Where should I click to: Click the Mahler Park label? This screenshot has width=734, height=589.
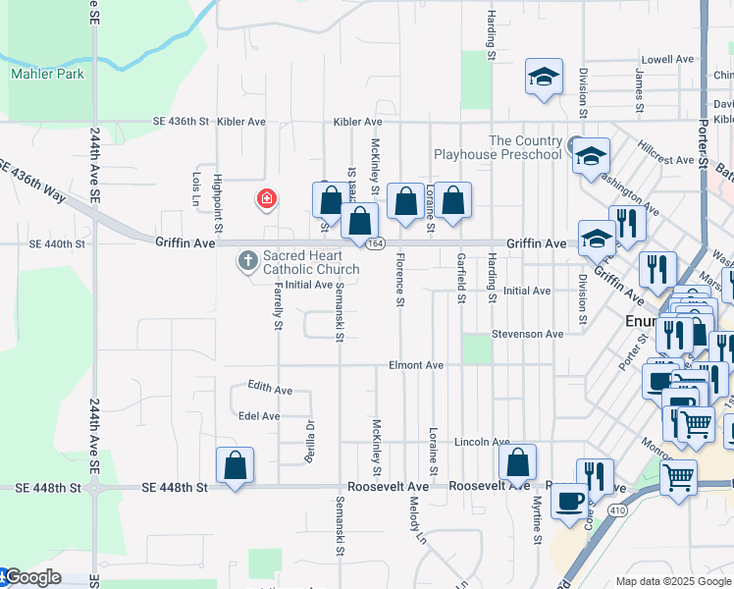click(47, 74)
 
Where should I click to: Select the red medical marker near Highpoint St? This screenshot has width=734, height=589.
click(266, 199)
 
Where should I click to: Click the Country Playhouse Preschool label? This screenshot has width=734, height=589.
click(498, 147)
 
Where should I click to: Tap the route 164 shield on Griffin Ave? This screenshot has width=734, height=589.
click(376, 243)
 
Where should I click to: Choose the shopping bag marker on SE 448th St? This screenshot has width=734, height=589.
click(235, 464)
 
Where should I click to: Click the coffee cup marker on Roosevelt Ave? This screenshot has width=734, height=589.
click(569, 501)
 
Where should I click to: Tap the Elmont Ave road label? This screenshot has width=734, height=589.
click(416, 365)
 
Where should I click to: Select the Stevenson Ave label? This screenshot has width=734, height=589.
click(528, 334)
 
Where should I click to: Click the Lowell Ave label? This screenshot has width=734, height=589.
click(667, 60)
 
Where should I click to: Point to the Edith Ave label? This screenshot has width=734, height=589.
click(270, 389)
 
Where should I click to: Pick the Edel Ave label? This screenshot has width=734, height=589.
click(259, 416)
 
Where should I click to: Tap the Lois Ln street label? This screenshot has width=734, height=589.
click(196, 183)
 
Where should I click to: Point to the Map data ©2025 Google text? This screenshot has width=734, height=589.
click(673, 581)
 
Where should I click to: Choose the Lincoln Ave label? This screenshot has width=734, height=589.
click(481, 443)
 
